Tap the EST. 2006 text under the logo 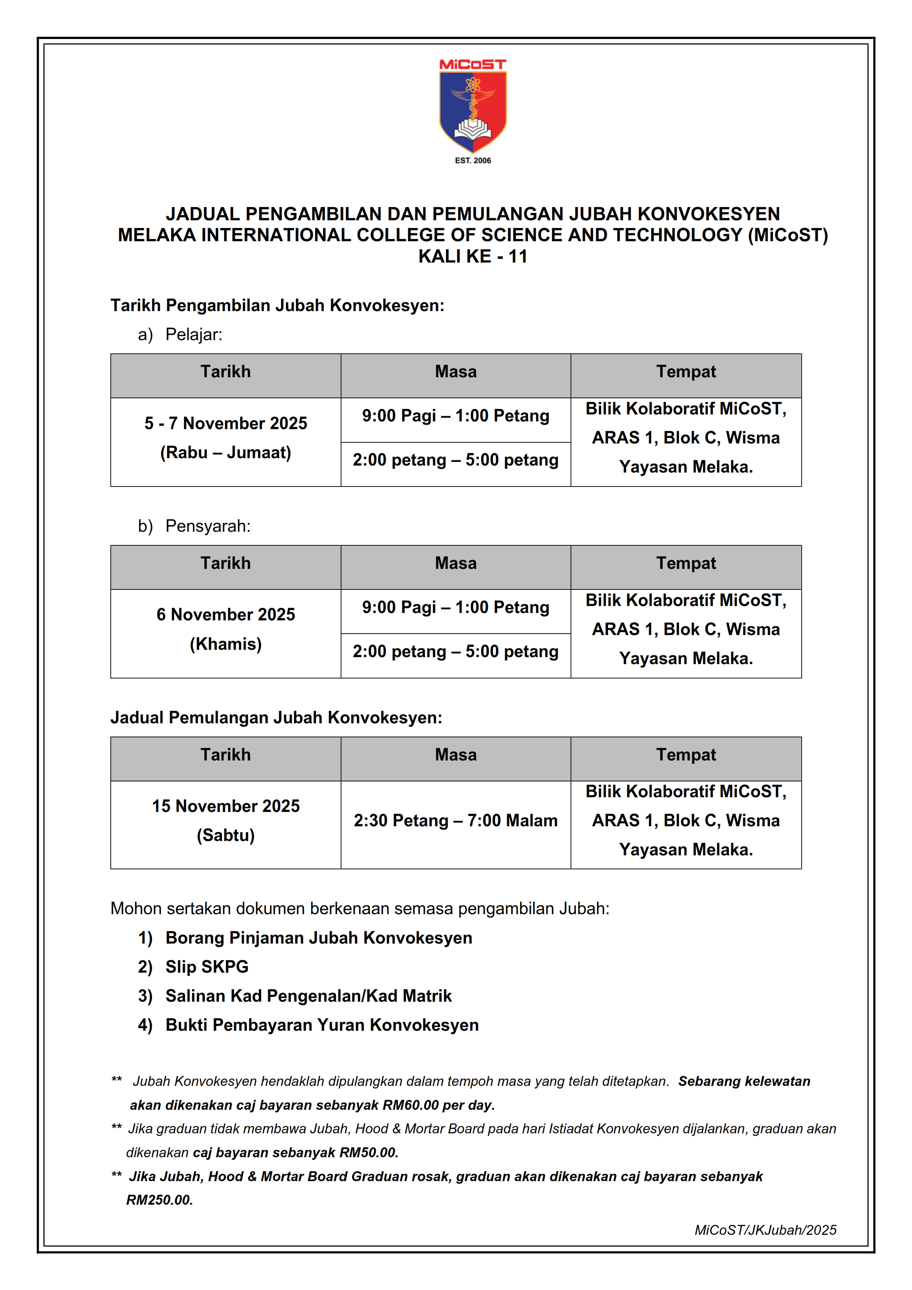(473, 161)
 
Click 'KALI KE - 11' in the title (473, 257)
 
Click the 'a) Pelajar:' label (180, 335)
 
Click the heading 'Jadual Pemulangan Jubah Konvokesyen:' (276, 717)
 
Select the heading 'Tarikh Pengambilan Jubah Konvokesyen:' (277, 306)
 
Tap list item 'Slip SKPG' (207, 966)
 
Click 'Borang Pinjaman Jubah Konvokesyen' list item (319, 938)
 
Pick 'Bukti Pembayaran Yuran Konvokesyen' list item (322, 1025)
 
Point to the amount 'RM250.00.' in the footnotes (160, 1200)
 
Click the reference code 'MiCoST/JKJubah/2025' (765, 1230)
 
